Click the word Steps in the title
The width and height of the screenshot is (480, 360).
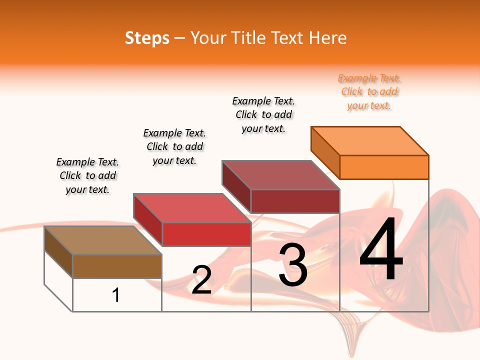tap(147, 38)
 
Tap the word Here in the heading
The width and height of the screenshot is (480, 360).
tap(327, 38)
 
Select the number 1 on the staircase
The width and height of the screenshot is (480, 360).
tap(116, 295)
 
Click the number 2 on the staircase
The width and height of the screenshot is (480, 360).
tap(201, 280)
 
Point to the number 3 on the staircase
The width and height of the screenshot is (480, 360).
tap(293, 265)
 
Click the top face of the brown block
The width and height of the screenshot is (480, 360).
tap(103, 240)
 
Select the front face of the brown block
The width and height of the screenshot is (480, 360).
tap(117, 266)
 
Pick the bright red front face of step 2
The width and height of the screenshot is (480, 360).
tap(206, 234)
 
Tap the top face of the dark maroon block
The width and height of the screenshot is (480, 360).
tap(281, 175)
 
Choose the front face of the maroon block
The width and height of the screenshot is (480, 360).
tap(295, 201)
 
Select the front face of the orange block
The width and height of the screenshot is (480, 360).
tap(384, 167)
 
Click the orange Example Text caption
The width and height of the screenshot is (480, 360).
tap(369, 92)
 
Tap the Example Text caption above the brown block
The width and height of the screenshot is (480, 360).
tap(87, 176)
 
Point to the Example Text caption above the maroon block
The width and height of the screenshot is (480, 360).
tap(263, 115)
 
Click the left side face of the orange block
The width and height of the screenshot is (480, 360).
tap(325, 152)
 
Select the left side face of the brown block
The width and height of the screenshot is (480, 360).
tap(58, 251)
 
